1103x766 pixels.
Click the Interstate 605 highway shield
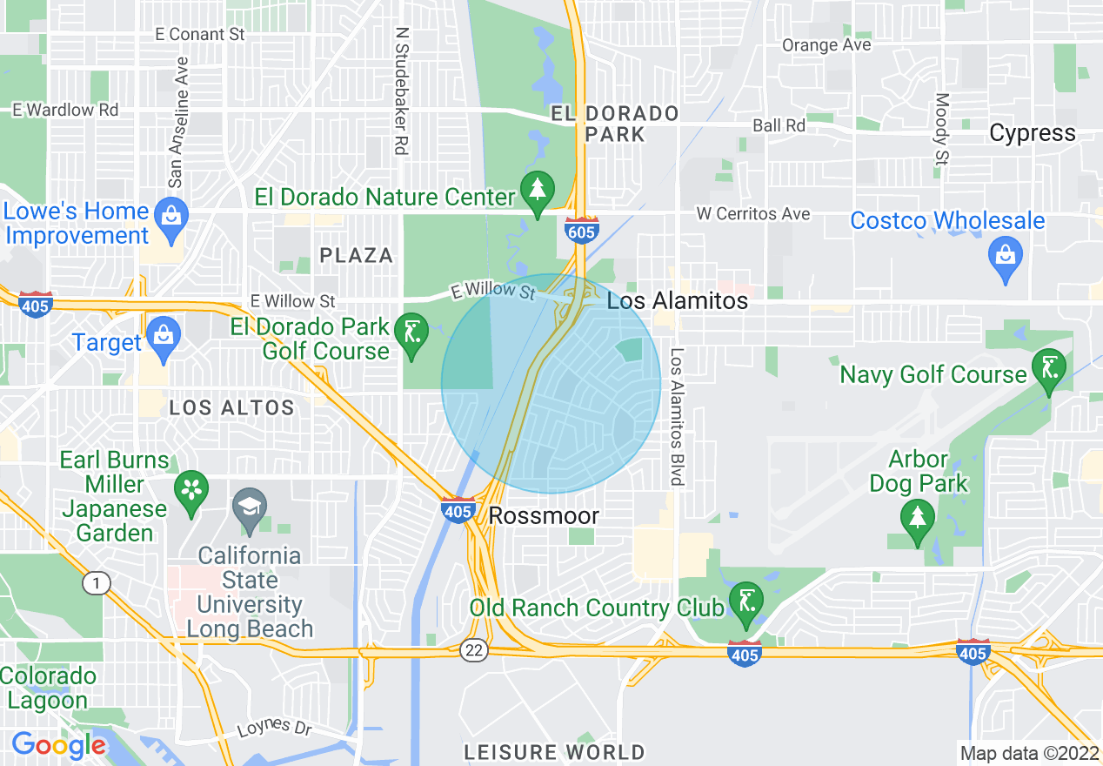[x=580, y=231]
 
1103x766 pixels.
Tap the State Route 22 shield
[x=474, y=650]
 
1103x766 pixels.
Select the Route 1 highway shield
[x=96, y=583]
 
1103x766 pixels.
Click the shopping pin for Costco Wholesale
[x=1006, y=257]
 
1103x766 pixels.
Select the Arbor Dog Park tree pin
[x=917, y=519]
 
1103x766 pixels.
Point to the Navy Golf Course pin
[x=1047, y=366]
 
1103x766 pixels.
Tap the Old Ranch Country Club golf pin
[x=745, y=601]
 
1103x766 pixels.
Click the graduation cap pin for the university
[x=250, y=507]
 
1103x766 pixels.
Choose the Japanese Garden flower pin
[x=191, y=489]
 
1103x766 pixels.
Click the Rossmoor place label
[x=544, y=515]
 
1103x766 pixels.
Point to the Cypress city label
[x=1033, y=133]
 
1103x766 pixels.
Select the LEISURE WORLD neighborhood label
[x=554, y=752]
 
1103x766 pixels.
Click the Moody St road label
[x=942, y=131]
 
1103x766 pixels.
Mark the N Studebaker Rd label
[x=401, y=90]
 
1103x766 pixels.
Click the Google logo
[x=58, y=745]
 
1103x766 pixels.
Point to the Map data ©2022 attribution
[x=1029, y=752]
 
